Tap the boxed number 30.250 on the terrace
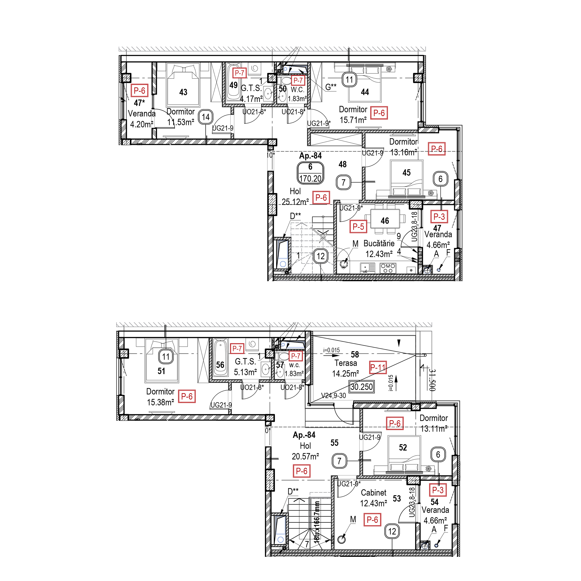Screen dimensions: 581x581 point(361,387)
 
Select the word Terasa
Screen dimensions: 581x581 point(346,363)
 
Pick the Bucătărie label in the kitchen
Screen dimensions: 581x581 point(379,243)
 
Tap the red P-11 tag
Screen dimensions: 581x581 point(378,367)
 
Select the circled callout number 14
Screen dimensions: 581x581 point(206,117)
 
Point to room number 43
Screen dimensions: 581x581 point(183,92)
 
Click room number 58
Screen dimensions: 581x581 point(355,355)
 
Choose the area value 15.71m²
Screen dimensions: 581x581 point(353,120)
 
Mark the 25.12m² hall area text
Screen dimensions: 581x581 point(295,202)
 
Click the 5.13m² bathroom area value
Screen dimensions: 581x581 point(245,372)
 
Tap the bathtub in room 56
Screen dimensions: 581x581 point(220,358)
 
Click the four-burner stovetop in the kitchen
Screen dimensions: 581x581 point(388,268)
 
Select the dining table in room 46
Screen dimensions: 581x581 point(385,220)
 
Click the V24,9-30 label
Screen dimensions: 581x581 point(333,396)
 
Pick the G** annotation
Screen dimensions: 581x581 point(331,87)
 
